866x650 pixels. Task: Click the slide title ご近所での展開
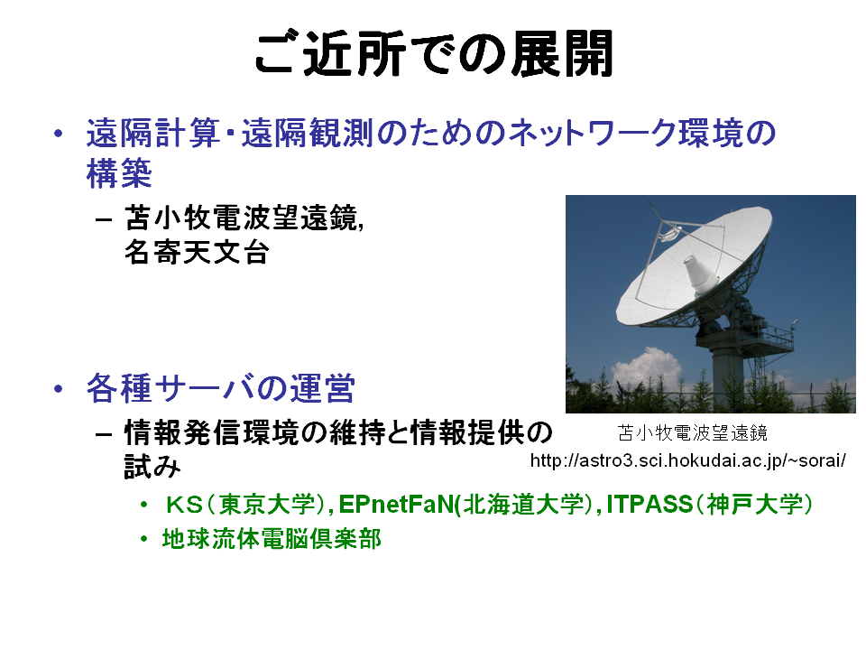click(x=434, y=53)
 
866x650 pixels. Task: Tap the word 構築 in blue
click(x=119, y=173)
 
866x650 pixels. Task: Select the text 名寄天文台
click(x=197, y=253)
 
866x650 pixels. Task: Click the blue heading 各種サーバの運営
click(x=220, y=388)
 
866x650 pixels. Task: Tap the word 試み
click(x=152, y=467)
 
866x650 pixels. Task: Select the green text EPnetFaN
click(x=396, y=504)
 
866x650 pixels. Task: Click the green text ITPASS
click(x=649, y=504)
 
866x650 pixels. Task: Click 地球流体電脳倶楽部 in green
click(x=272, y=539)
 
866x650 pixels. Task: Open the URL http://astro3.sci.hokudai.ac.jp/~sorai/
click(x=687, y=460)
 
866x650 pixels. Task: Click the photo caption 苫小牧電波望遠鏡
click(x=693, y=432)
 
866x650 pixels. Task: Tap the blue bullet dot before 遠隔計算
click(x=58, y=134)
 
